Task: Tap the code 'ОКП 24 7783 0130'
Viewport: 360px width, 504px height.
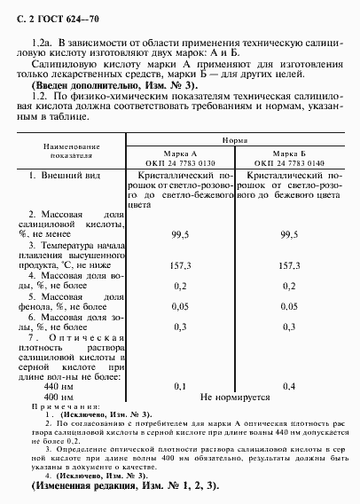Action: (185, 162)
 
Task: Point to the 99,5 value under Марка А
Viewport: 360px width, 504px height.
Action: (180, 234)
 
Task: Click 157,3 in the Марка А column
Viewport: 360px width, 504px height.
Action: (180, 264)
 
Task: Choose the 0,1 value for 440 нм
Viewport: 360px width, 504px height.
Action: (180, 387)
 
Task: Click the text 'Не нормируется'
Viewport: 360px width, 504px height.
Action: (236, 397)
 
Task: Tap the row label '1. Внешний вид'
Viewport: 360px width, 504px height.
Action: (65, 177)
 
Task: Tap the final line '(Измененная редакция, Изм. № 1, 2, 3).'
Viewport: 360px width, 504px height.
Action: (124, 488)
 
